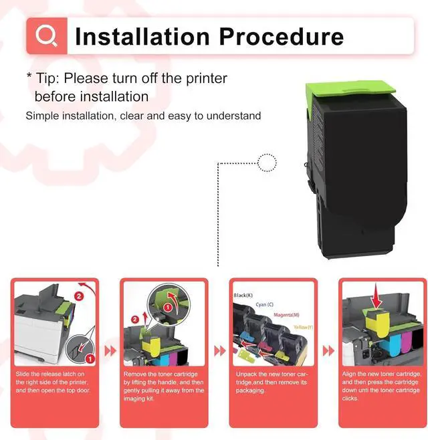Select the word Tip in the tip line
(48, 79)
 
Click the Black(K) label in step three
(244, 295)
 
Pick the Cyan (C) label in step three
(265, 305)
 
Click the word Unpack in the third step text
(245, 374)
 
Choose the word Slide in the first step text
(23, 374)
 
